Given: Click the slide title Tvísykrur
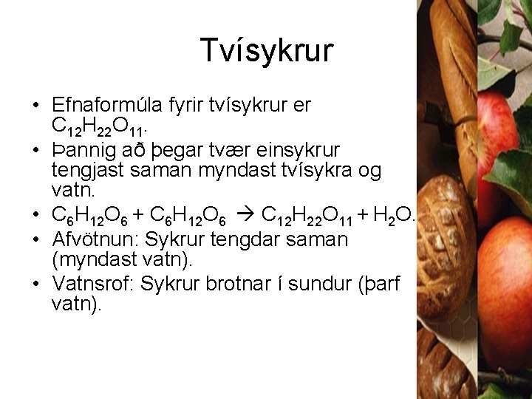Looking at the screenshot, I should (267, 50).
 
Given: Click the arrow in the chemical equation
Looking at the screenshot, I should (248, 216).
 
